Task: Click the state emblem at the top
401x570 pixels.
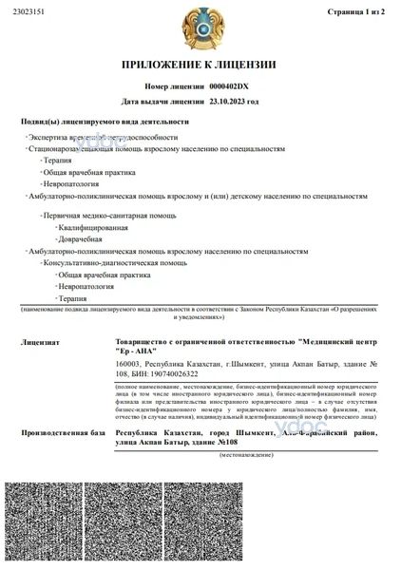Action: click(200, 30)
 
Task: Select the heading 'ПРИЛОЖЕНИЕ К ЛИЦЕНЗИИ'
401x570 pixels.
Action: click(200, 66)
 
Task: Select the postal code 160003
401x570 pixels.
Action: click(128, 364)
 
